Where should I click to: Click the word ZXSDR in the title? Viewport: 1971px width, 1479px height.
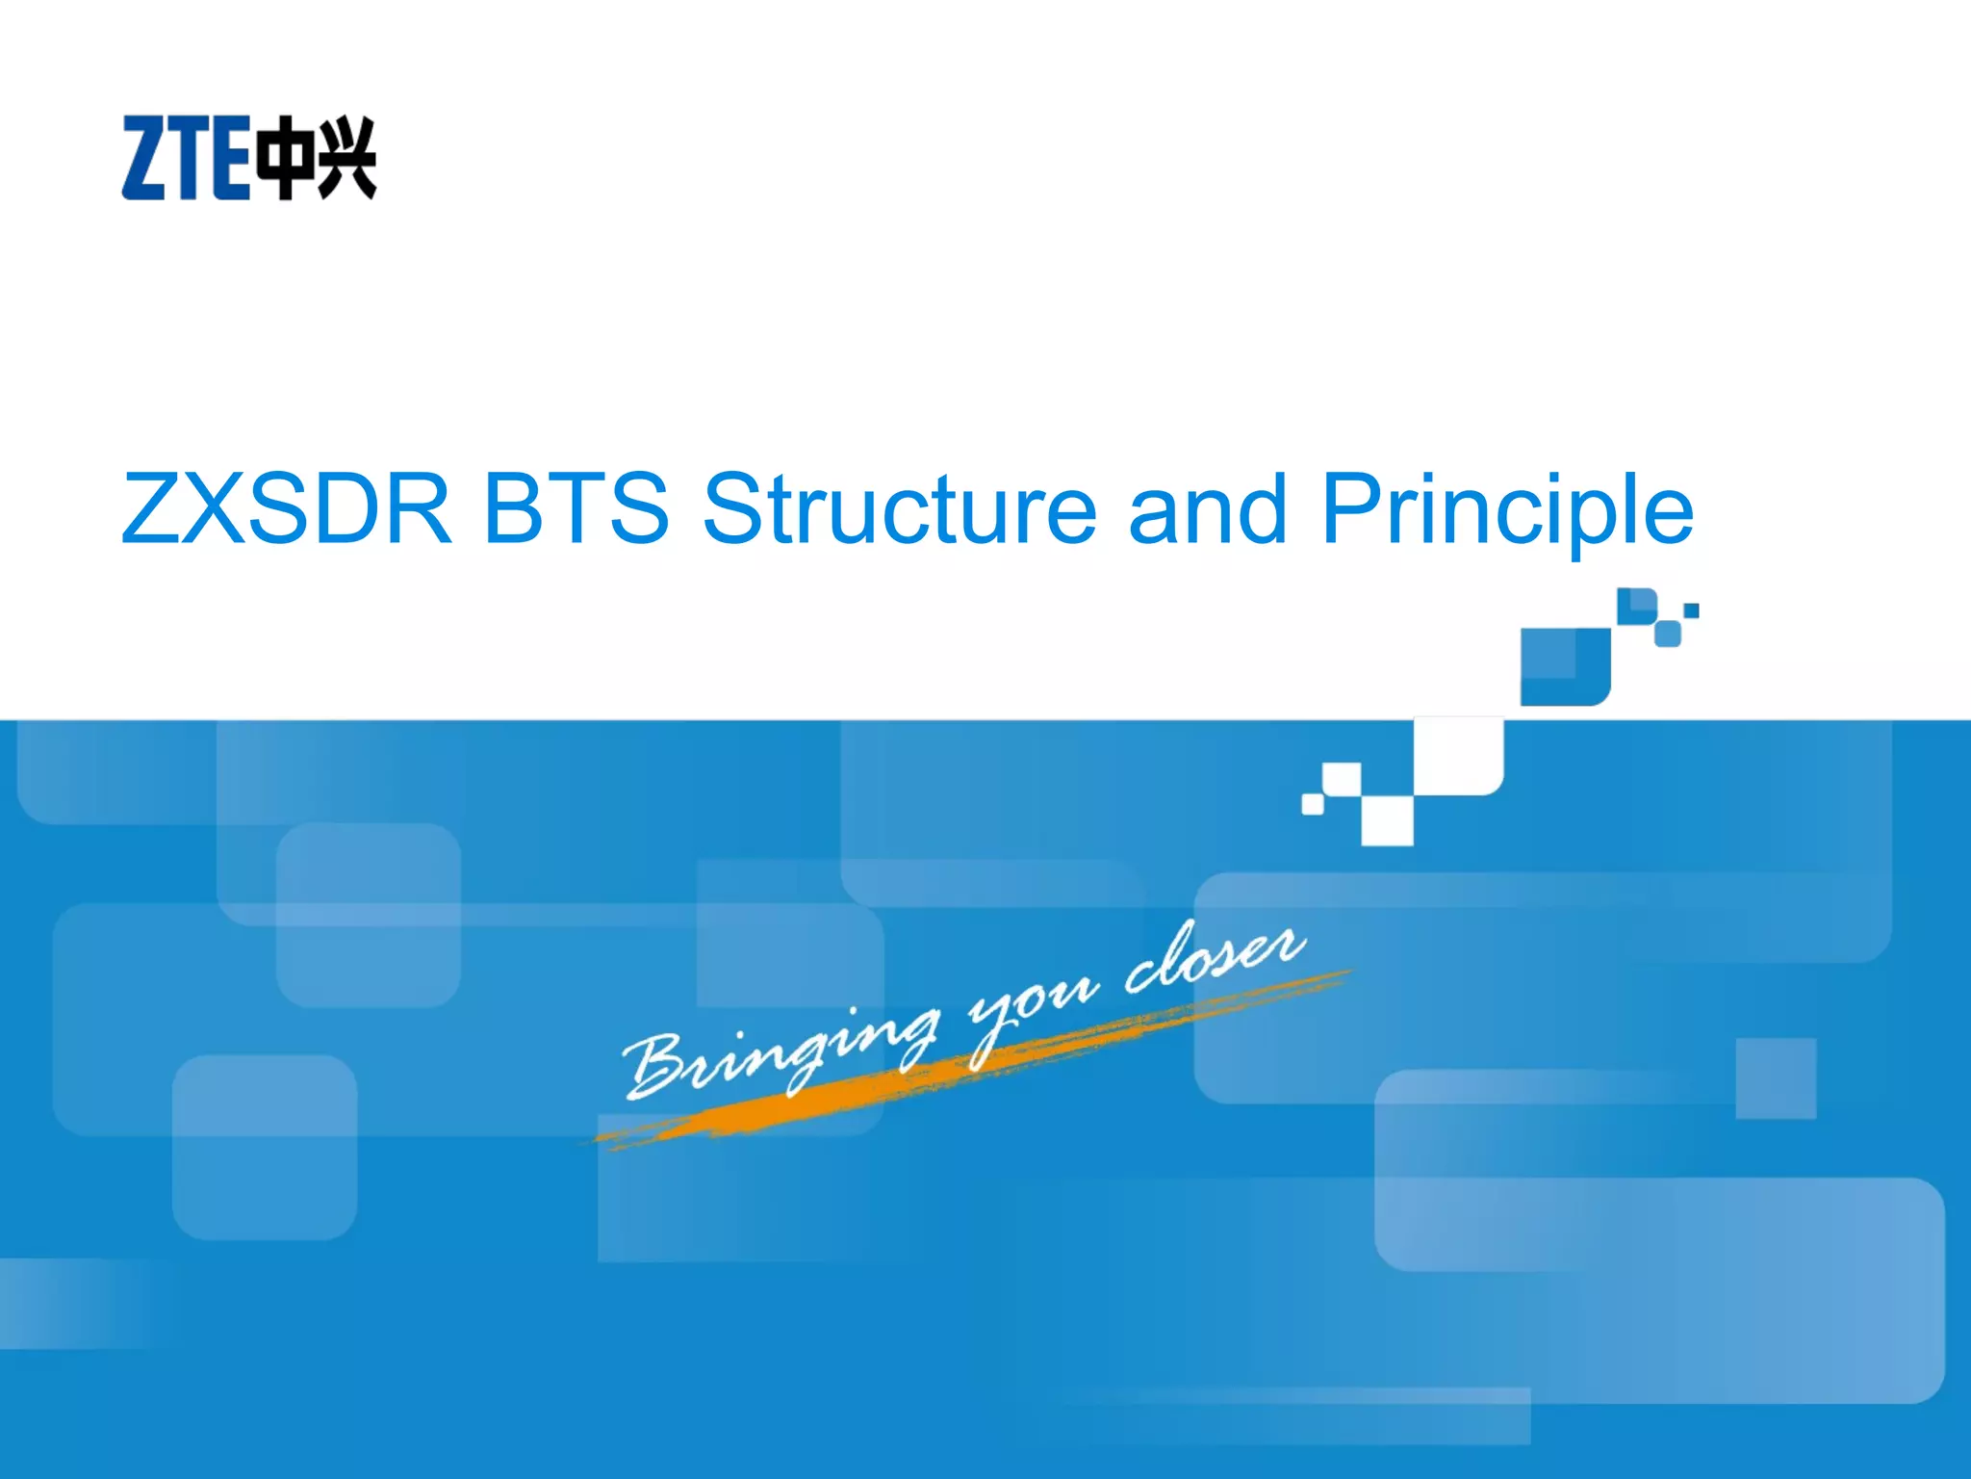pos(286,508)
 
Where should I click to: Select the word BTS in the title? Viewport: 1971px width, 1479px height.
pos(576,508)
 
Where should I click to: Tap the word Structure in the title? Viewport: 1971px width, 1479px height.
pos(899,508)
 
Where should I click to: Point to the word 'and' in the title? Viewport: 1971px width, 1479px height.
pos(1207,508)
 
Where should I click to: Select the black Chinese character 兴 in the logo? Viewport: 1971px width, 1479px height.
pos(346,158)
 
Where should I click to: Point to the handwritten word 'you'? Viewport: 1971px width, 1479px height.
pos(1030,1006)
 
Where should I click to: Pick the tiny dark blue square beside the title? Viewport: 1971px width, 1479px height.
pos(1691,610)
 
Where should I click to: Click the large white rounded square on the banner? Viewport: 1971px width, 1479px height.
pos(1458,757)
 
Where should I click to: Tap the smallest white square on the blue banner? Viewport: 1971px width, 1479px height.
pos(1313,803)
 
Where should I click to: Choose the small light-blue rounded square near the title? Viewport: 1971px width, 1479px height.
pos(1667,634)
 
